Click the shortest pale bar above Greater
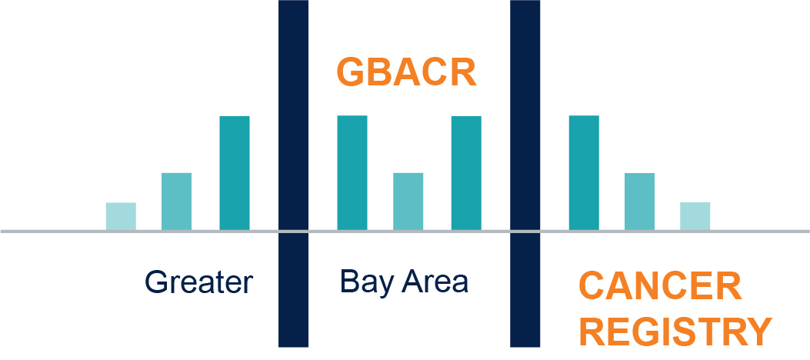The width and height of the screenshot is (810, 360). pos(121,216)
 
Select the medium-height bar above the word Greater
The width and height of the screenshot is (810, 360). pos(177,202)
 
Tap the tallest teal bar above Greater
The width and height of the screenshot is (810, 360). pos(235,173)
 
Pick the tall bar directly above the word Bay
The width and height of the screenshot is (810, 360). pos(352,173)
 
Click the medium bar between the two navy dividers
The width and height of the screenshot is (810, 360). pos(408,202)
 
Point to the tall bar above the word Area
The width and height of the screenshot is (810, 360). pos(466,173)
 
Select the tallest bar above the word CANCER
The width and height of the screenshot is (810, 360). pos(585,173)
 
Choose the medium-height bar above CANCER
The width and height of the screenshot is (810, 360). pos(639,202)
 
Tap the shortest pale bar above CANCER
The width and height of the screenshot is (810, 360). pos(695,216)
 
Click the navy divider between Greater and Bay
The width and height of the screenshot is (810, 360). pos(293,174)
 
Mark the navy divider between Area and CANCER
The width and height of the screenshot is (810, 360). pos(525,174)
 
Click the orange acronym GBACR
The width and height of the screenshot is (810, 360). pos(406,73)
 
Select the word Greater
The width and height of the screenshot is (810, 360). pos(199,282)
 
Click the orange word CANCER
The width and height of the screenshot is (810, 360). pos(660,286)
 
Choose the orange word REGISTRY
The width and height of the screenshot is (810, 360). pos(675,332)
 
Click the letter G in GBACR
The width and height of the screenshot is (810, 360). pos(351,73)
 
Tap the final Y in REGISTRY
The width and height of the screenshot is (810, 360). pos(758,332)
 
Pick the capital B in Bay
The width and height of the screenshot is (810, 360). pos(349,282)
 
